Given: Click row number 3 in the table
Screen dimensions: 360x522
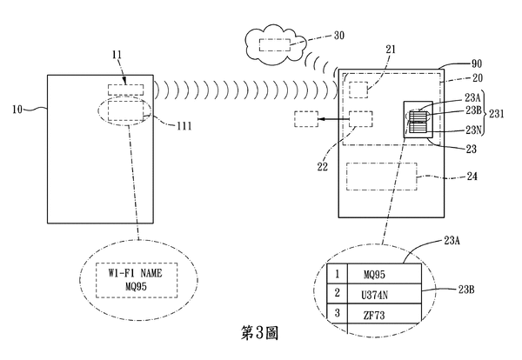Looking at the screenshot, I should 337,310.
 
